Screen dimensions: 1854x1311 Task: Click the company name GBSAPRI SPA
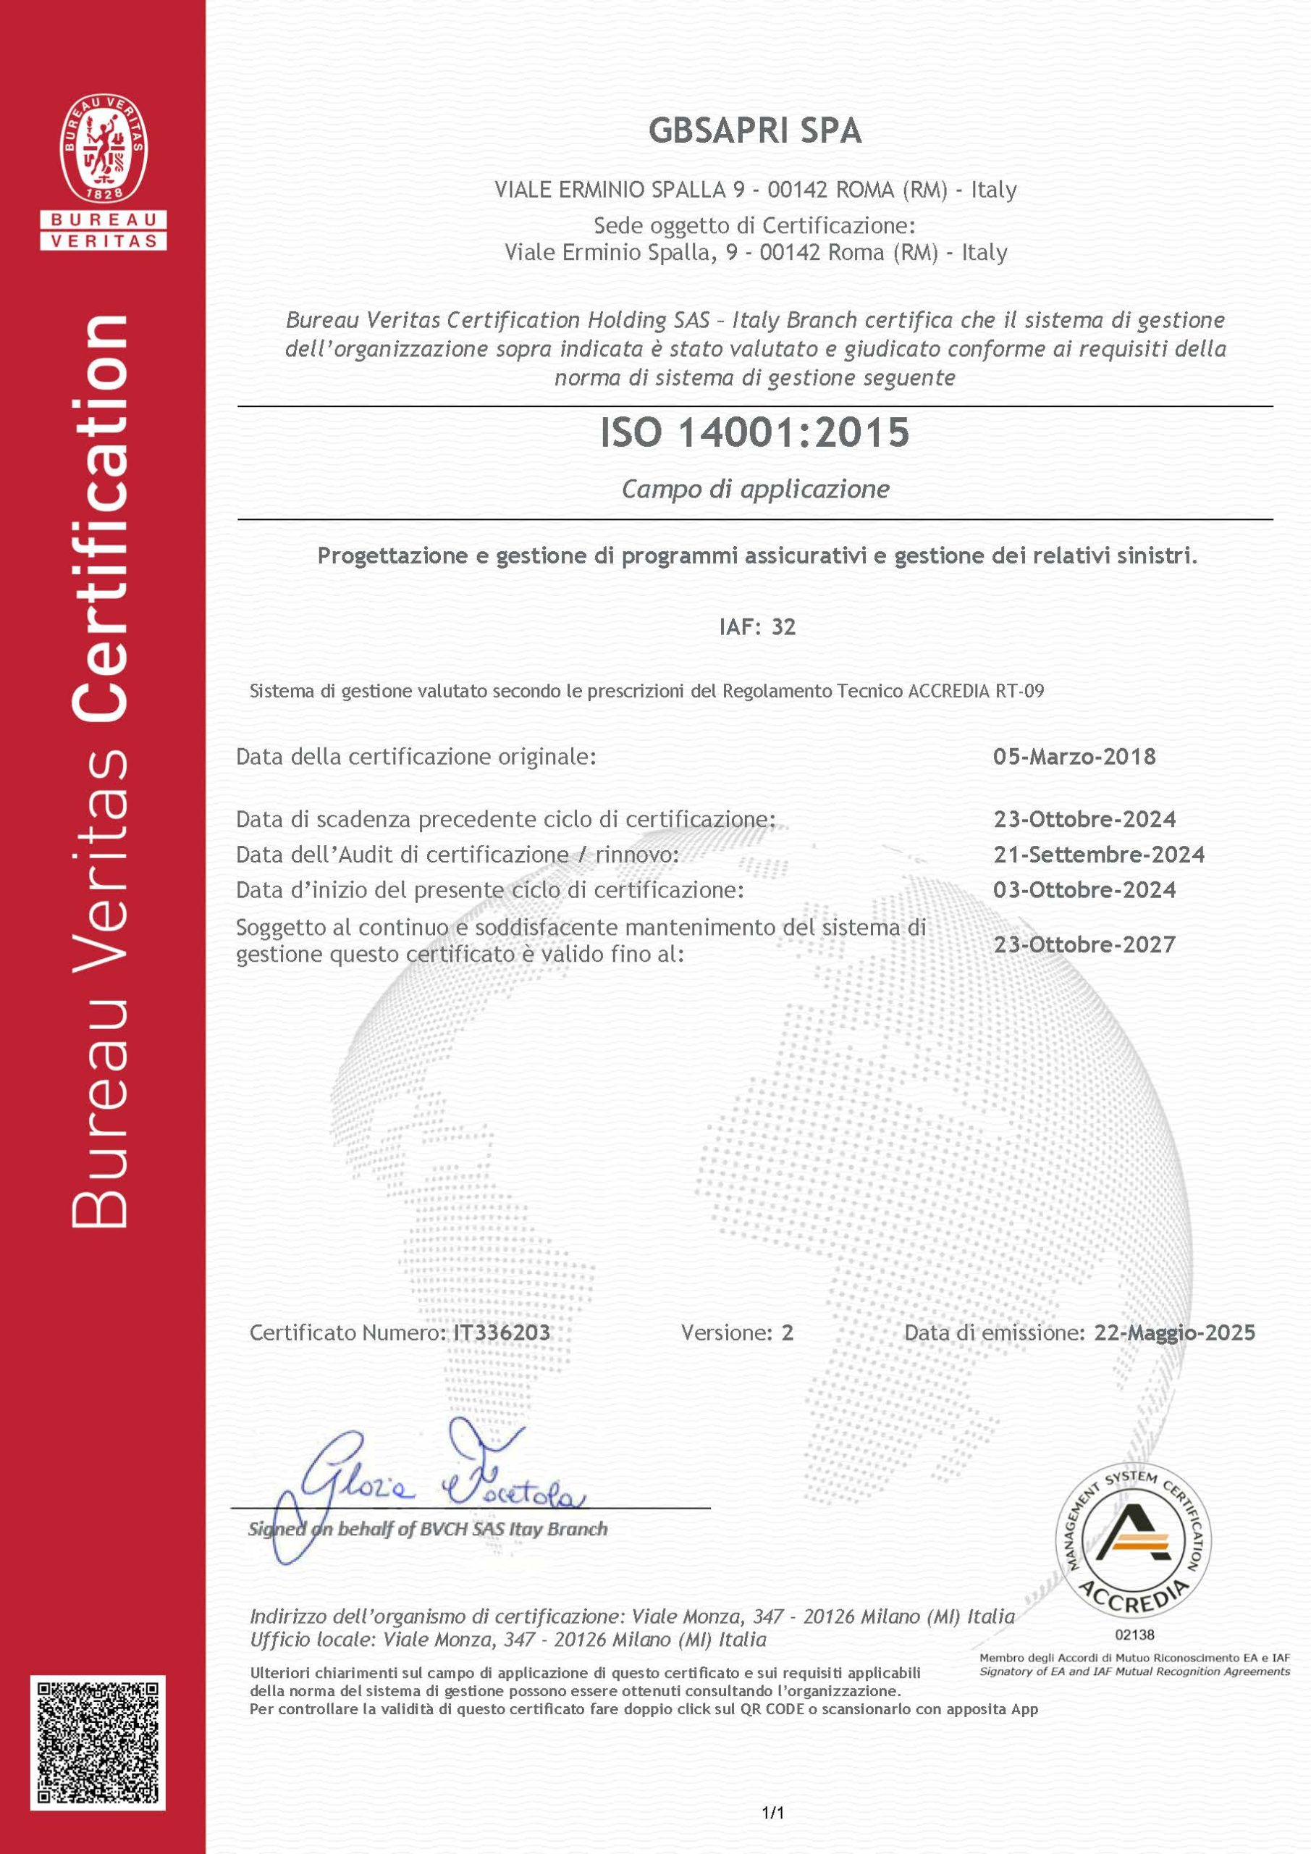tap(755, 131)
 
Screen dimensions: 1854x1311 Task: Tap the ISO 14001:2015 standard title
tap(755, 433)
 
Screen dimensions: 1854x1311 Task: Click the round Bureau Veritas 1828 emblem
tap(104, 149)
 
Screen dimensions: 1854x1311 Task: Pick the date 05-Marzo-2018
tap(1074, 757)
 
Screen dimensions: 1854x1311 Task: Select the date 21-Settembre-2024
tap(1099, 855)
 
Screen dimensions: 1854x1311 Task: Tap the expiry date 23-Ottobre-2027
tap(1084, 944)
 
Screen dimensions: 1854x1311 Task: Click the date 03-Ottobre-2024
tap(1084, 890)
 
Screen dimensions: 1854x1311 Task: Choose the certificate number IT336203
tap(502, 1333)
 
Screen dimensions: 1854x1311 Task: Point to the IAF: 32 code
tap(757, 626)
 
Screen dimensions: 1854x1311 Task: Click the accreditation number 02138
tap(1134, 1635)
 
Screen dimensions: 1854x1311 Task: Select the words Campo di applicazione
tap(756, 490)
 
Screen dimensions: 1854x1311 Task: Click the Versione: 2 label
tap(737, 1333)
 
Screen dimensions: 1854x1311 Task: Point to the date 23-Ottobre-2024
tap(1084, 819)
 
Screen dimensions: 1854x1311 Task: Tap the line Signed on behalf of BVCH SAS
tap(428, 1529)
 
